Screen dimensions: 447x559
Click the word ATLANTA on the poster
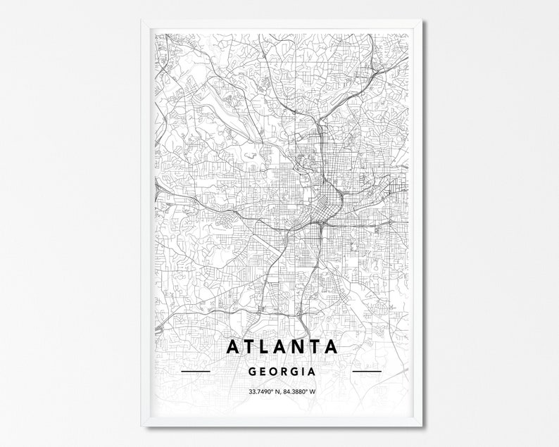[282, 347]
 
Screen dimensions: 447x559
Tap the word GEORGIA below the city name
[282, 370]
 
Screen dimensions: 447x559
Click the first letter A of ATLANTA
[233, 347]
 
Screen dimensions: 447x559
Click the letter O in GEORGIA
[274, 370]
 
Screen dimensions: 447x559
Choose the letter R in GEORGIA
[284, 370]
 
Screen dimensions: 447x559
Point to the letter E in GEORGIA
[263, 370]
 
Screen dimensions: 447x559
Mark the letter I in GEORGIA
[303, 370]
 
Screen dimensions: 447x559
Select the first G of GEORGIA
[253, 370]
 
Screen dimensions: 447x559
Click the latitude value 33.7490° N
[263, 392]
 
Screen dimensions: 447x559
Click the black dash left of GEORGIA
[196, 370]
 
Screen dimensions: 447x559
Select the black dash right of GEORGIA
[366, 370]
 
